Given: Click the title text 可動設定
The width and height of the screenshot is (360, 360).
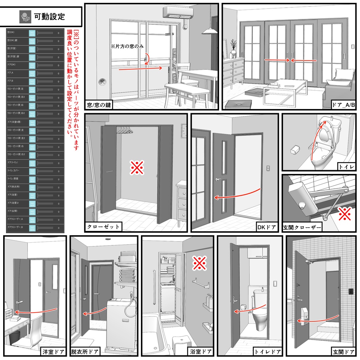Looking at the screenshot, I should [x=49, y=16].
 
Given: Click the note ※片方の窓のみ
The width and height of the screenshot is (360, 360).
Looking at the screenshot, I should [x=127, y=46].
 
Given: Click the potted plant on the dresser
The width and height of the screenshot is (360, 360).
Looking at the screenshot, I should [x=233, y=48].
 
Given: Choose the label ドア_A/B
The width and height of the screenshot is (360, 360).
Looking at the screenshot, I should [x=343, y=104].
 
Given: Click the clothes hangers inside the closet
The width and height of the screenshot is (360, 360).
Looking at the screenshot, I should [x=125, y=130].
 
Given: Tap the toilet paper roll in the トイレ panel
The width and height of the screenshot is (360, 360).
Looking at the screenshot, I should [x=294, y=150].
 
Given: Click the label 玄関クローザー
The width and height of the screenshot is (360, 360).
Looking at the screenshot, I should [x=302, y=227].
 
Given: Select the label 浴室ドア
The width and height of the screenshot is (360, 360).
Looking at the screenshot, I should [x=201, y=351].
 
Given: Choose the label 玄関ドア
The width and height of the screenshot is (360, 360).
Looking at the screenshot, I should [x=343, y=351].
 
